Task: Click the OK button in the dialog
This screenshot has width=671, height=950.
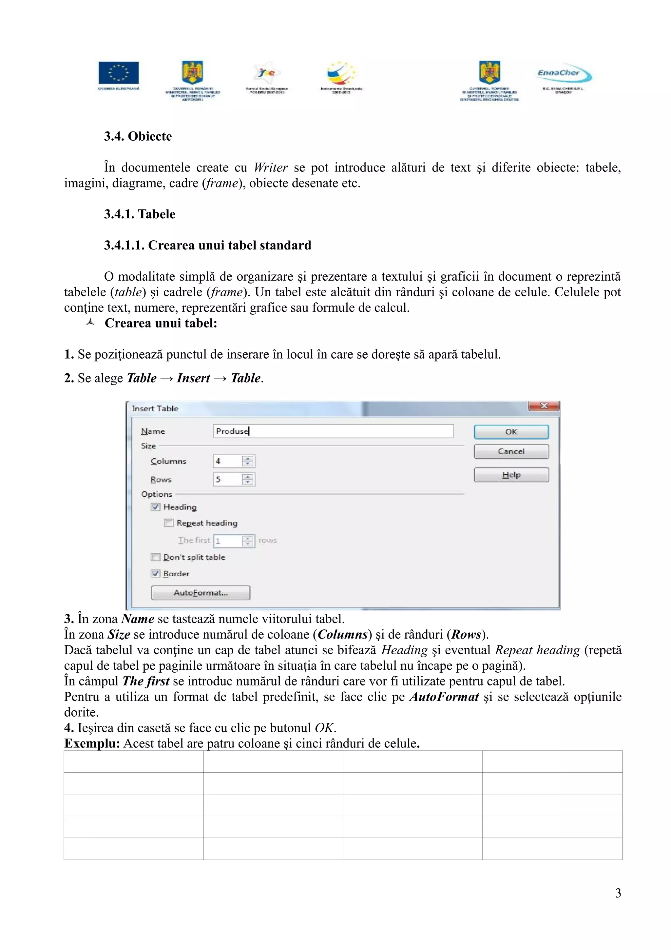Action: click(511, 431)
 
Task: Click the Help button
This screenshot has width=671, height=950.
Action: click(511, 475)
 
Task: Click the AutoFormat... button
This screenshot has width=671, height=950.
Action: click(201, 592)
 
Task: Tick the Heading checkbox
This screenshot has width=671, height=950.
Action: click(155, 507)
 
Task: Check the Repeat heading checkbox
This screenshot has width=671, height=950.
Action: click(169, 523)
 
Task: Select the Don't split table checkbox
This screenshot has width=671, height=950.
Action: click(155, 557)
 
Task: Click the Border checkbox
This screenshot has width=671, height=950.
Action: click(155, 573)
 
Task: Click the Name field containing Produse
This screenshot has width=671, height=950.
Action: click(333, 431)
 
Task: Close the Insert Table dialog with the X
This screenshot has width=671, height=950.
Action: click(544, 406)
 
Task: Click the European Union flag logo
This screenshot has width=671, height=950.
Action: click(119, 73)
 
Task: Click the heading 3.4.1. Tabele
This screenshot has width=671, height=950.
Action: click(140, 214)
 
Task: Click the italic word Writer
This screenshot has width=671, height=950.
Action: click(271, 168)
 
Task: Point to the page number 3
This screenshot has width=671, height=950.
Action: click(618, 893)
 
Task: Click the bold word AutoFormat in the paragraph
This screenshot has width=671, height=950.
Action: click(444, 697)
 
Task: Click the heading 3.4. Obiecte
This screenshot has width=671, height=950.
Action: click(138, 136)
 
